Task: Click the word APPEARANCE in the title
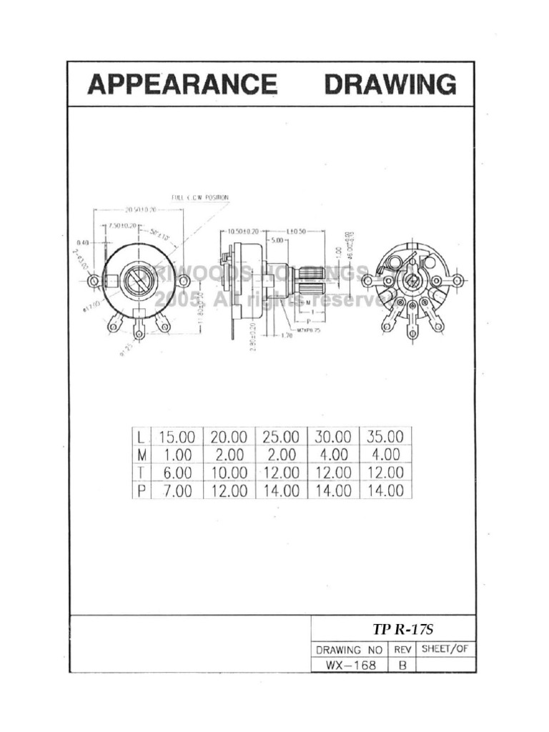(182, 85)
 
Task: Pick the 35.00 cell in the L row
(385, 436)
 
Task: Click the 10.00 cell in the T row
(229, 473)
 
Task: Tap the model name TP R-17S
(403, 629)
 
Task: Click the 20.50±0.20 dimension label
(140, 210)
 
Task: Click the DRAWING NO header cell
(350, 650)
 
